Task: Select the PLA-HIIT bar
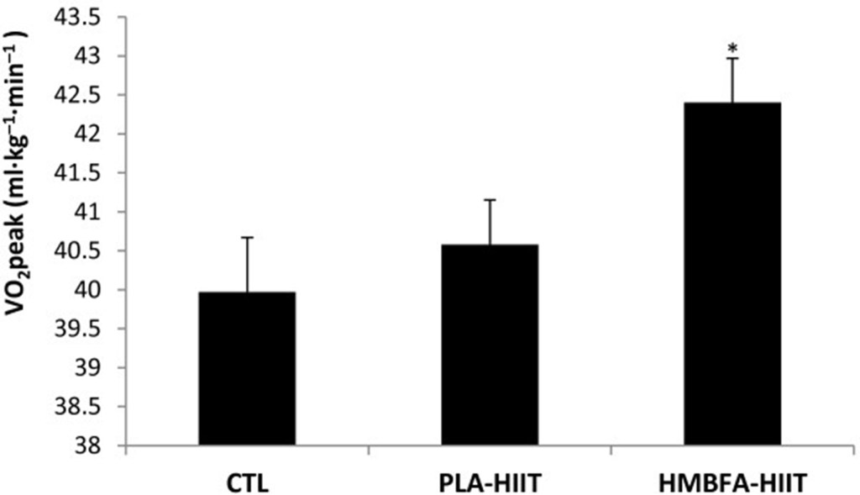click(x=490, y=345)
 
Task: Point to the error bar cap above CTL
click(x=247, y=238)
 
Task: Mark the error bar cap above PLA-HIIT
click(x=490, y=200)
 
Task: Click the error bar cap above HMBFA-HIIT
click(x=733, y=59)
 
